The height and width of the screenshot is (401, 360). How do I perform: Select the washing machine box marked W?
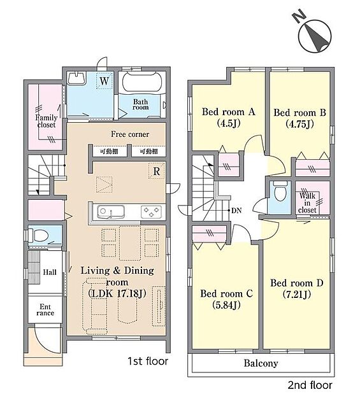[104, 81]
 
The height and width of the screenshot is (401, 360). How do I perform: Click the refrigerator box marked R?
[156, 171]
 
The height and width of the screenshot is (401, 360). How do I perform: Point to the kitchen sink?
[111, 212]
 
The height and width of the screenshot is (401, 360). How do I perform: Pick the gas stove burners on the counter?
[151, 212]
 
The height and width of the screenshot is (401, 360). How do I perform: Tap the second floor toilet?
[279, 192]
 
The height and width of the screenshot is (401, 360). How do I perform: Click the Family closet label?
[47, 121]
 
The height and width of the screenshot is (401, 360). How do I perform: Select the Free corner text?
[130, 134]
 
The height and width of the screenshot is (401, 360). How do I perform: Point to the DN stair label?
[236, 211]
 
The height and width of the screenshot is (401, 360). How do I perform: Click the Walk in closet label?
[307, 203]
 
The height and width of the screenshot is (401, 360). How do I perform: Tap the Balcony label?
[261, 363]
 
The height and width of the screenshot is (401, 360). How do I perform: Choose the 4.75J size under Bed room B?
[299, 124]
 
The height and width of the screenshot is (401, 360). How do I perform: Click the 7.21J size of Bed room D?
[297, 295]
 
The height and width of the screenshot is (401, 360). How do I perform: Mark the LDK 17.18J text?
[117, 293]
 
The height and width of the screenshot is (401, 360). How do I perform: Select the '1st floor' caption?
[148, 362]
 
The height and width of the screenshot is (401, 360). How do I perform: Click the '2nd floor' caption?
[310, 385]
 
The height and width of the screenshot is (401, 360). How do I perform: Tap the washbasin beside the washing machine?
[76, 78]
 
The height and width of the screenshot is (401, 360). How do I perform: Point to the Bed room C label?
[226, 293]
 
